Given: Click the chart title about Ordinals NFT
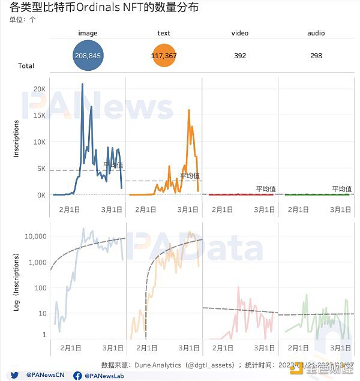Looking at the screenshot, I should pos(104,8).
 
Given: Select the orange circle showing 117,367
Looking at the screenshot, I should pos(164,56).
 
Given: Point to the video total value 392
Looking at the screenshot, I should pos(240,56).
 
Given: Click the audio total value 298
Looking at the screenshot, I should pos(316,56).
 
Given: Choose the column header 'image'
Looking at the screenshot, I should pos(88,33).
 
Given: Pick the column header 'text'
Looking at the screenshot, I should pos(164,33).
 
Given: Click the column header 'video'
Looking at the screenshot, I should pos(240,33).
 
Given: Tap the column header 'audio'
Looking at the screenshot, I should pos(316,33).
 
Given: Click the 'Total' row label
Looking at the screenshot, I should pos(26,66).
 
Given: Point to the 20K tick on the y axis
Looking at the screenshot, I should pos(40,89).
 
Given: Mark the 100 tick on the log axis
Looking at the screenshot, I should pos(40,288).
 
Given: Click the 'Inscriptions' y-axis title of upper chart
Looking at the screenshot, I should pos(17,139).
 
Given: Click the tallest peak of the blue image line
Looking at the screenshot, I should pos(82,84).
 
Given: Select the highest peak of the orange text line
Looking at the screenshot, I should pos(188,110).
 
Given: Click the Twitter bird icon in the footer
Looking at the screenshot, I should pos(15,375).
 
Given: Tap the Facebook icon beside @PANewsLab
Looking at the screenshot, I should pos(77,376).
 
